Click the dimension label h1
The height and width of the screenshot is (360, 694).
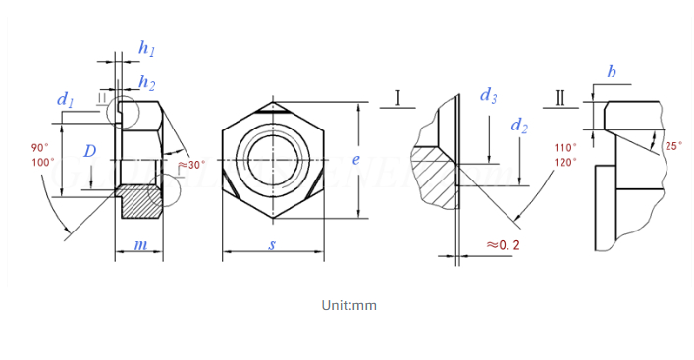point(147,48)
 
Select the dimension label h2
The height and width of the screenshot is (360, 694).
point(146,81)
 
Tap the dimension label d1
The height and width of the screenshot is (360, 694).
point(66,99)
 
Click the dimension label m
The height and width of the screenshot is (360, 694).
point(140,244)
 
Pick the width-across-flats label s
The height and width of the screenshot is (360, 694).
point(272,244)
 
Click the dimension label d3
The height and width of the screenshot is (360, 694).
point(488,95)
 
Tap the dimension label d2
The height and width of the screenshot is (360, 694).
point(519,126)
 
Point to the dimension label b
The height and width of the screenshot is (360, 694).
point(612,72)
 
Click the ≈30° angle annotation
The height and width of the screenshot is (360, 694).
point(191,164)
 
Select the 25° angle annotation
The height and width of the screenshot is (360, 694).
point(672,145)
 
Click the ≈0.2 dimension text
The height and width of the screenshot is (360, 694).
point(502,244)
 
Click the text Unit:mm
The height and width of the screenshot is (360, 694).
point(348,305)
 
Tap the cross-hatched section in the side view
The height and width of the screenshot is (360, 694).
point(140,202)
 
